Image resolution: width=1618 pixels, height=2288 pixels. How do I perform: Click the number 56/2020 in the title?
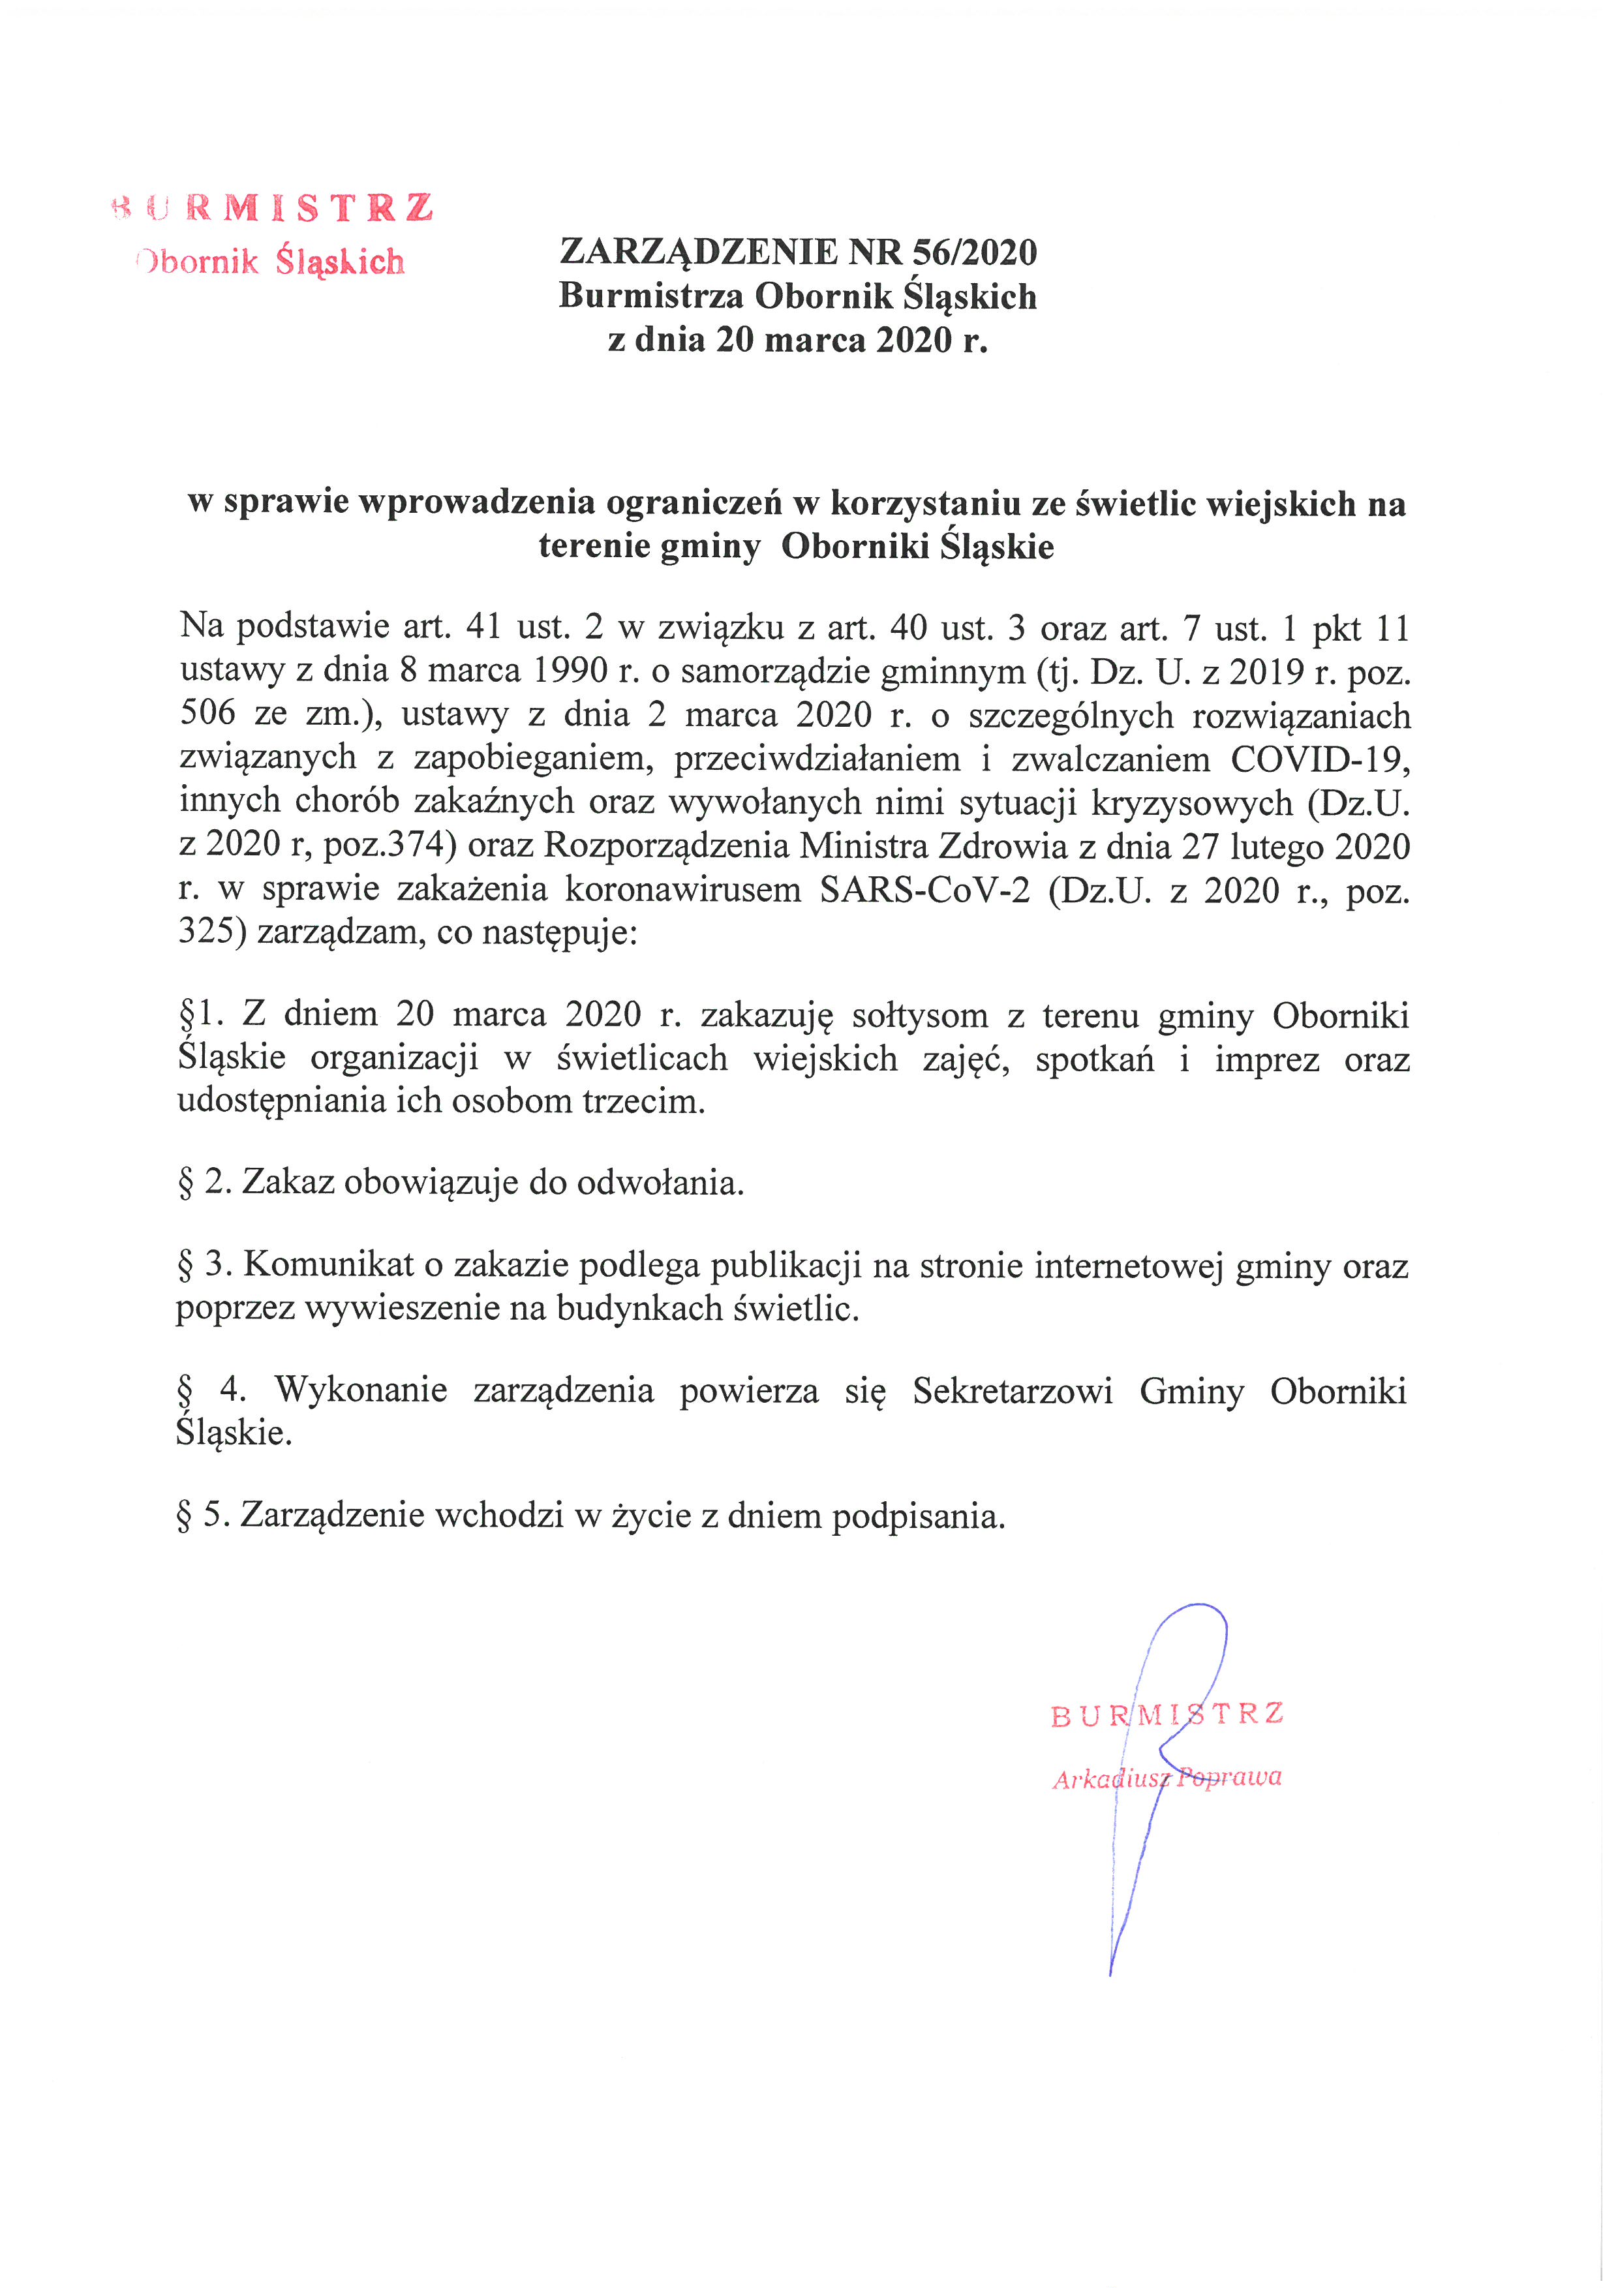[x=974, y=252]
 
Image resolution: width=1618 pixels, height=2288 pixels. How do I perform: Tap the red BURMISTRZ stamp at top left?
[x=274, y=207]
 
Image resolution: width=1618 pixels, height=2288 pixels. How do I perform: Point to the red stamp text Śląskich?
[x=341, y=262]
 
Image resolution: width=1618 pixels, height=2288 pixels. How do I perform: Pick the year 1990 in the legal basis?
[x=570, y=671]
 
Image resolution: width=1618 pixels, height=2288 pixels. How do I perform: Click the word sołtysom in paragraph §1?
[x=920, y=1015]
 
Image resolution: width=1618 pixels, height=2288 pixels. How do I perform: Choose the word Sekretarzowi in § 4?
[x=1013, y=1390]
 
